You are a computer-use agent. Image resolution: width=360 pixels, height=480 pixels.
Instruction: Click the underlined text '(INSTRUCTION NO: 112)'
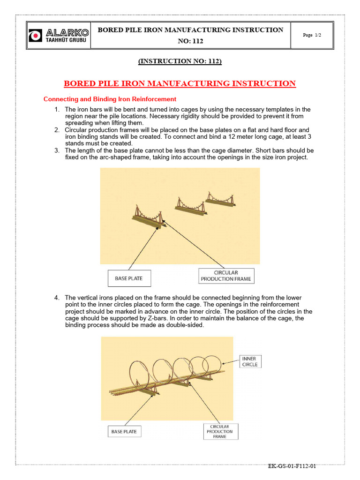[180, 61]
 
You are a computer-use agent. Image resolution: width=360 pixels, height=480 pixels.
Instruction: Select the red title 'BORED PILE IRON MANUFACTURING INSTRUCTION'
[180, 84]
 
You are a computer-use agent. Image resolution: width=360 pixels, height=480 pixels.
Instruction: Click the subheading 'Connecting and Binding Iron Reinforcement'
[110, 99]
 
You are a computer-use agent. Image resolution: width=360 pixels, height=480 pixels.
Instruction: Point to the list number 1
[57, 110]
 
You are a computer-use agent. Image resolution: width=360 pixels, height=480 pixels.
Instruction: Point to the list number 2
[57, 130]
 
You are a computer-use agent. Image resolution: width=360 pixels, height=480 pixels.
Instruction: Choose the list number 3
[57, 150]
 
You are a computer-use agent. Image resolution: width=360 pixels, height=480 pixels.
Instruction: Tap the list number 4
[57, 298]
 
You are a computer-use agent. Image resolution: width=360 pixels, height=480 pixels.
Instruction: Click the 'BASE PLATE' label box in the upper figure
[128, 278]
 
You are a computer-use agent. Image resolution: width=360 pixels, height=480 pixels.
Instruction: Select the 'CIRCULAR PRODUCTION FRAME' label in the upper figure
[226, 276]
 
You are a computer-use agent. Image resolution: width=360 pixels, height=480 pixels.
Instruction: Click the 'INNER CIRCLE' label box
[250, 361]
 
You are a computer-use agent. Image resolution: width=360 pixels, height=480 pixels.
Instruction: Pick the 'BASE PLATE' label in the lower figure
[124, 431]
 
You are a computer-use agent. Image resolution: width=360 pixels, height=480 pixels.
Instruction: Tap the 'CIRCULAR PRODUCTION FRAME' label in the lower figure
[220, 431]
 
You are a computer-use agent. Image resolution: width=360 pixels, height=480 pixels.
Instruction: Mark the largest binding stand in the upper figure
[148, 217]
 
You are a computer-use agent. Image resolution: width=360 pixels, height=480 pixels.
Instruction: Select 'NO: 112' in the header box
[190, 41]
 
